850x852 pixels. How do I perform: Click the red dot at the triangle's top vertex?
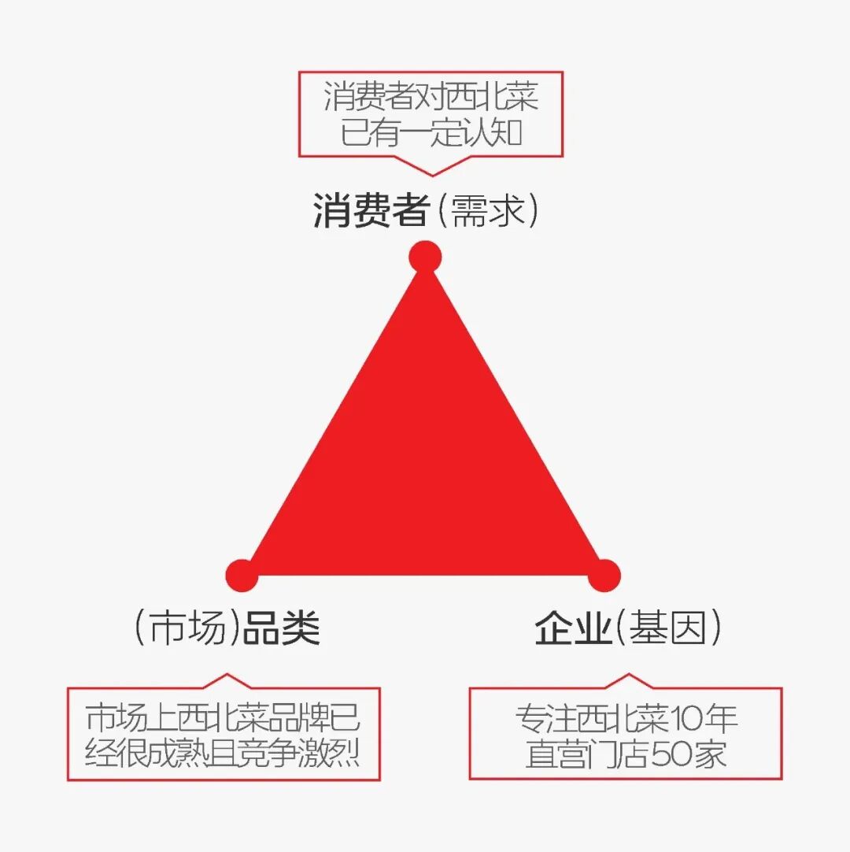pyautogui.click(x=425, y=257)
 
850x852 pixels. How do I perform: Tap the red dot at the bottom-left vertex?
pyautogui.click(x=242, y=575)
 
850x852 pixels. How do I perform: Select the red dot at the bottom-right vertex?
pyautogui.click(x=604, y=575)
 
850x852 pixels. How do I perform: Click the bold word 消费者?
pyautogui.click(x=371, y=211)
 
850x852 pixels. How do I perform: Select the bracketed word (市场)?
pyautogui.click(x=187, y=628)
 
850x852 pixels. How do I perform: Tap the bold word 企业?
pyautogui.click(x=573, y=628)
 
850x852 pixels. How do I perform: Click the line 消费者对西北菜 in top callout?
pyautogui.click(x=431, y=98)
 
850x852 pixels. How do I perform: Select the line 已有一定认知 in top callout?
pyautogui.click(x=431, y=132)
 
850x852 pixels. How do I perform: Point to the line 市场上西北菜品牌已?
pyautogui.click(x=224, y=717)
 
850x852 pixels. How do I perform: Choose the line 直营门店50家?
pyautogui.click(x=626, y=755)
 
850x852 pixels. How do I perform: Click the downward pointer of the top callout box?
pyautogui.click(x=431, y=166)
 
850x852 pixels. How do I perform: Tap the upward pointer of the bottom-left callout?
pyautogui.click(x=227, y=681)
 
